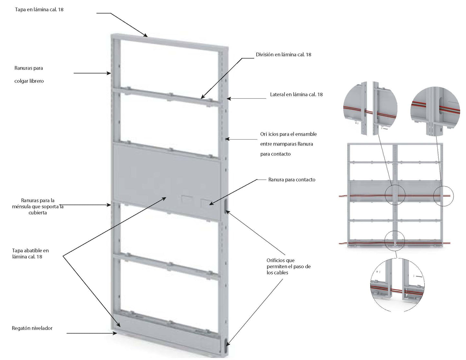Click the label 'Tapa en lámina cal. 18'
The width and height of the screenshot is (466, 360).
coord(39,10)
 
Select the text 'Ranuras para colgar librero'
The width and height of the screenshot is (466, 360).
coord(29,74)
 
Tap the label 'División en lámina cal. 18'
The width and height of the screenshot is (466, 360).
coord(283,54)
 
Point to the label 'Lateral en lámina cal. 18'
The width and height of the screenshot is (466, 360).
coord(296,94)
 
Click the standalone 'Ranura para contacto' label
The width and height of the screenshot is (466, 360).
coord(292,180)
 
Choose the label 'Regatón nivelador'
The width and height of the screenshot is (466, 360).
coord(32,328)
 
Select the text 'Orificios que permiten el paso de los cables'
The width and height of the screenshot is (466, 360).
coord(288,266)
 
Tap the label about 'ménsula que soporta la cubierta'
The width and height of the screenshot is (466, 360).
coord(38,206)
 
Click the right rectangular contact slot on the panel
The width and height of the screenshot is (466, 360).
coord(205,203)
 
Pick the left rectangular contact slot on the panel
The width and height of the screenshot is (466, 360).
coord(187,199)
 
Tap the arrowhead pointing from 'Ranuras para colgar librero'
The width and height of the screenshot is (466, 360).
coord(109,73)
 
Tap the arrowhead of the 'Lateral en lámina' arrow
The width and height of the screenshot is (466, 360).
coord(228,99)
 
